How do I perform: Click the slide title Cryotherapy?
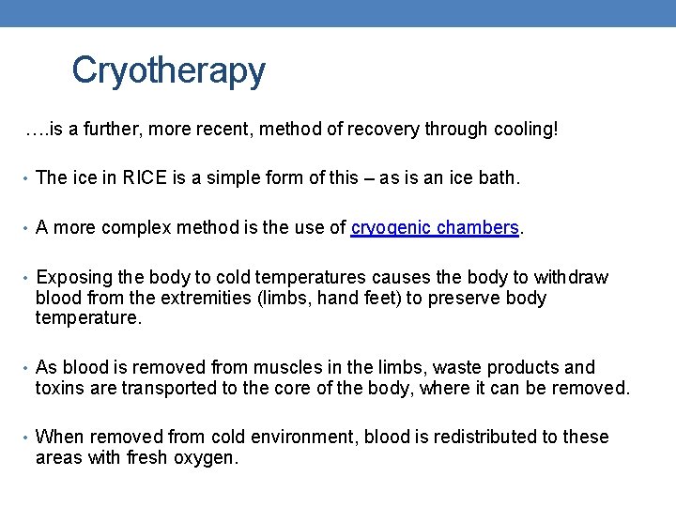pos(168,70)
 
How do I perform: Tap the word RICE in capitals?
pos(146,178)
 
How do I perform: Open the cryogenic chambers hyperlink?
pos(435,227)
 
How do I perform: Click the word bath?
pos(498,178)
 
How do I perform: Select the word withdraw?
pos(571,277)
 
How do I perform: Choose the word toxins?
pos(61,388)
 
